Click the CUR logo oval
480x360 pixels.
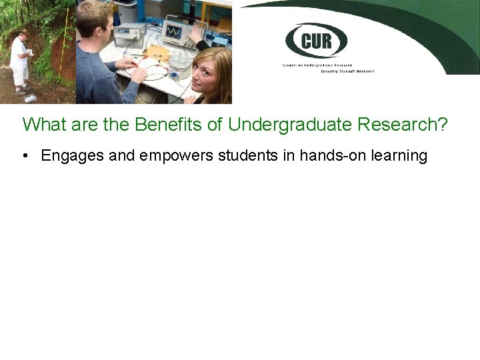tap(316, 41)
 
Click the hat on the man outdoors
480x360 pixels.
tap(22, 31)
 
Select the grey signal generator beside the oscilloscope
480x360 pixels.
tap(130, 35)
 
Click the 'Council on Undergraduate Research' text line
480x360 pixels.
tap(327, 65)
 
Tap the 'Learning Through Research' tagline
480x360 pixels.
tap(347, 71)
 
